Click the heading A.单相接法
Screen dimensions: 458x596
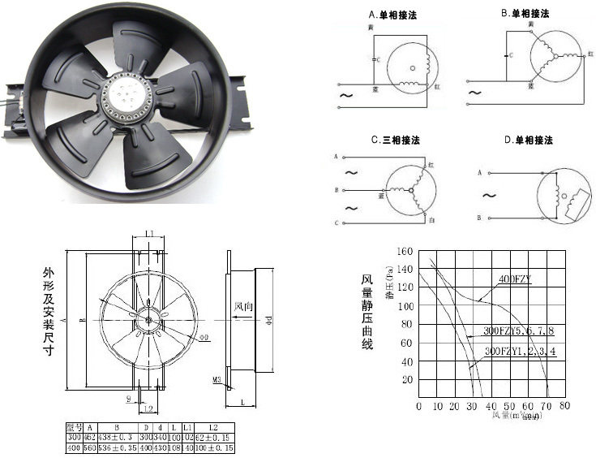pos(394,14)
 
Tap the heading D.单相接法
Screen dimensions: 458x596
pos(528,140)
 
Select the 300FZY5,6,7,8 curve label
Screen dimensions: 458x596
pos(518,331)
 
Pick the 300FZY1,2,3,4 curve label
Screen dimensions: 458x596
pos(520,351)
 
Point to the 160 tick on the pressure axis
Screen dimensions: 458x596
pos(405,252)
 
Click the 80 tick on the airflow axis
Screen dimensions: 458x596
pos(564,405)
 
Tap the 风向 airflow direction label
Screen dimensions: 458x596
pos(244,307)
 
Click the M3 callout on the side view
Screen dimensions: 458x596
pos(218,379)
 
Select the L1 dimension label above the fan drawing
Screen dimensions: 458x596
pos(149,235)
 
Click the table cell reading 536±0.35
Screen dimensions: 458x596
pos(117,447)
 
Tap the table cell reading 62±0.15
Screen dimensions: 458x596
pos(213,436)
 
